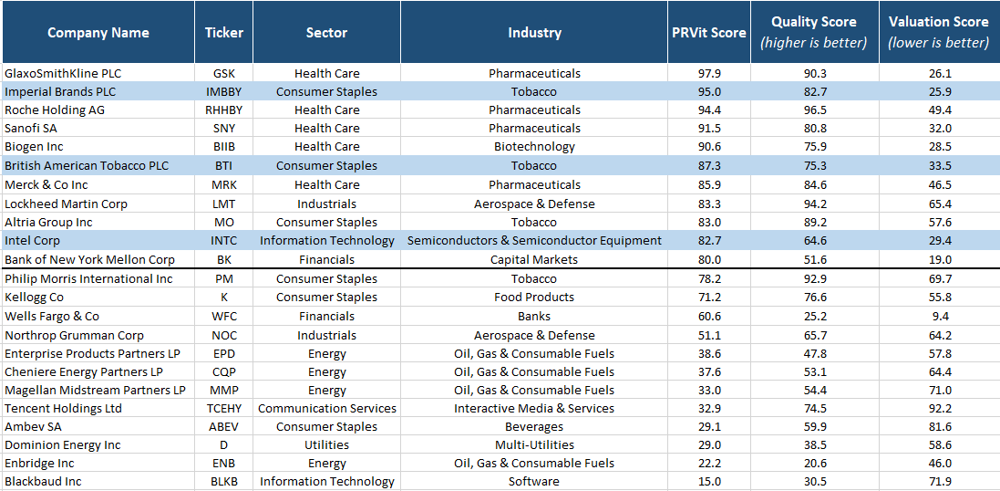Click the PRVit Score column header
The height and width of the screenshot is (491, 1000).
(716, 33)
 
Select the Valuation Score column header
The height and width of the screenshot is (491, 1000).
(938, 32)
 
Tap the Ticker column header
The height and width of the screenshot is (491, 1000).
(223, 33)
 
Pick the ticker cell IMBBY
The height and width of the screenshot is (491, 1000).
(223, 92)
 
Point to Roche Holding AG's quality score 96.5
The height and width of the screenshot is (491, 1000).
(814, 110)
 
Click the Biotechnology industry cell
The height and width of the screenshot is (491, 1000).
(534, 147)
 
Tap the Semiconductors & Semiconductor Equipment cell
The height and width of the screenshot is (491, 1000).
(534, 241)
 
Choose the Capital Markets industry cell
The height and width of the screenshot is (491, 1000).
(534, 260)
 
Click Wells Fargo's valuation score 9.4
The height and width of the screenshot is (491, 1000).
(938, 317)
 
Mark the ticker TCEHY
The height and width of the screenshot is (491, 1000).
(223, 409)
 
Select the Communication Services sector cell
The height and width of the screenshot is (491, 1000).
(326, 409)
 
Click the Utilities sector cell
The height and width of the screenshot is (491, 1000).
(326, 445)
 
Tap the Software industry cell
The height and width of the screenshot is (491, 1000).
(534, 482)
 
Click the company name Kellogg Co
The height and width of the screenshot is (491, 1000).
(34, 298)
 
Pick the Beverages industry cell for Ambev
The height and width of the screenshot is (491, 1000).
(534, 427)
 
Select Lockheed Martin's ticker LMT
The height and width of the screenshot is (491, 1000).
(223, 204)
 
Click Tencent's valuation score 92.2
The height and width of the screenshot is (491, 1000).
(938, 409)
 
